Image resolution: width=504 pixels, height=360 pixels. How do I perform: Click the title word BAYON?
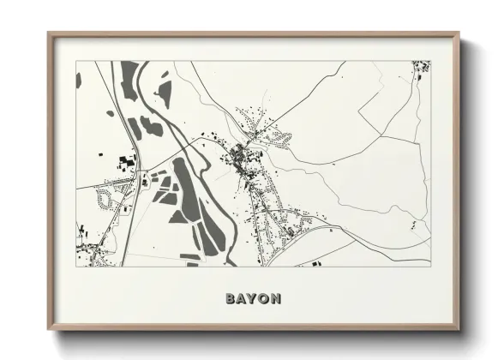tap(252, 299)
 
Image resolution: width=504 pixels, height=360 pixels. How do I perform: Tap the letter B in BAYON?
tap(231, 299)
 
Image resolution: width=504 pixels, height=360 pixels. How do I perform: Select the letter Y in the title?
tap(252, 299)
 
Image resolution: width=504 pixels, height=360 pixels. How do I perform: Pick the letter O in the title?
tap(263, 299)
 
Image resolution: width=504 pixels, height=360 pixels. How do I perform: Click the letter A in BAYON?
tap(241, 299)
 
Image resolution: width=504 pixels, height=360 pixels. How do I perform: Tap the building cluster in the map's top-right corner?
tap(420, 66)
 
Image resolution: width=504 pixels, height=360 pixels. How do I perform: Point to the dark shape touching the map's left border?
tap(79, 80)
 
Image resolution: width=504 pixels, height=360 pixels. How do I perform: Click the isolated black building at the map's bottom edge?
tap(315, 262)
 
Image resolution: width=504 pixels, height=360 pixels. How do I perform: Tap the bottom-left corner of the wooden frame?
tap(49, 330)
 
